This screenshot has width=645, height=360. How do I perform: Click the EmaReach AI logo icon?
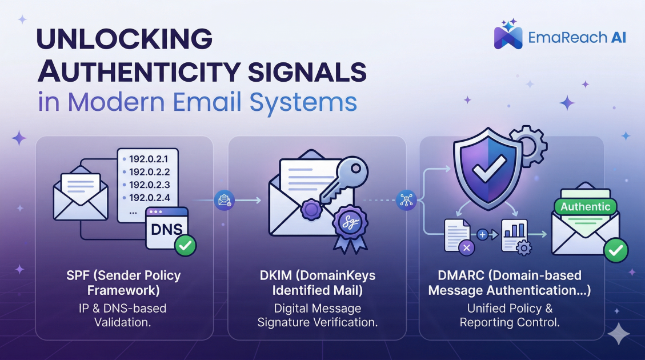508,35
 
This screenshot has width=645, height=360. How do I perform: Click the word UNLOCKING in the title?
124,39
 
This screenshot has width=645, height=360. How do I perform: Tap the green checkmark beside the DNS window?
185,246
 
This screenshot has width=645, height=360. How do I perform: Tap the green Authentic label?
585,207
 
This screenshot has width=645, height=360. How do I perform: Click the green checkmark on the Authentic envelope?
616,250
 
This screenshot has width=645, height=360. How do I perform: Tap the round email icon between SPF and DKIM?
224,200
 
